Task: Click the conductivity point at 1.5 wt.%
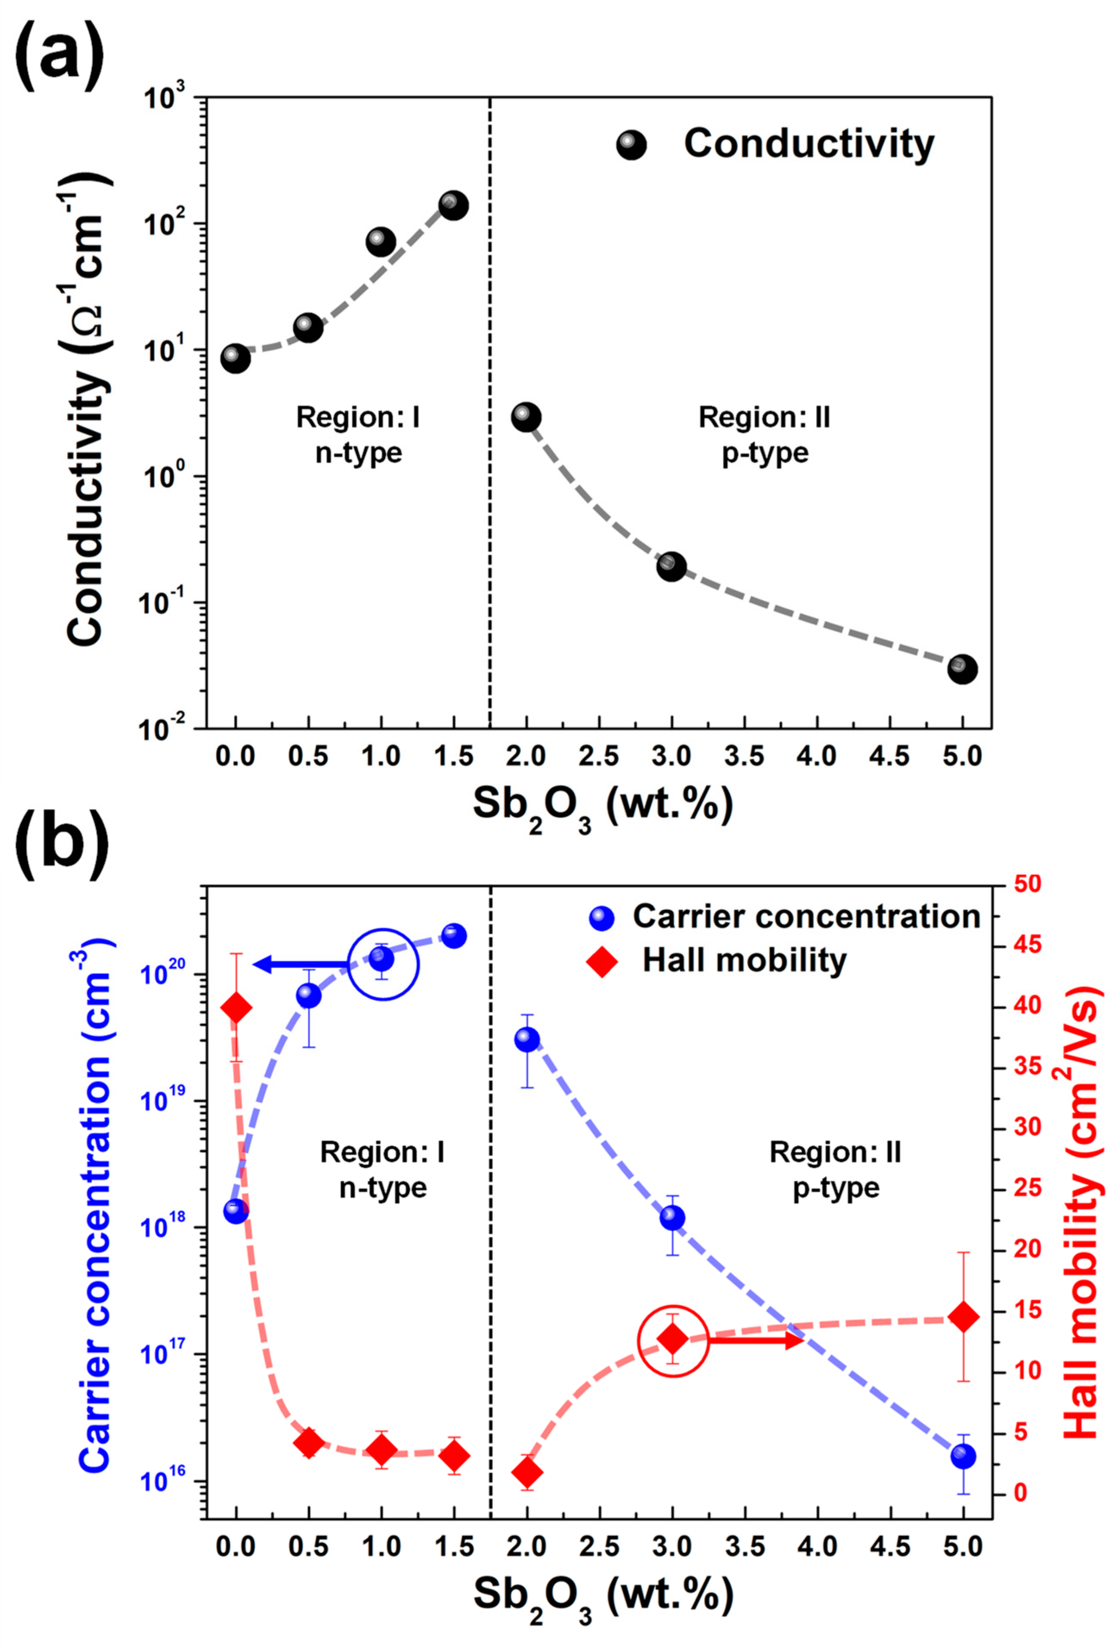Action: point(453,205)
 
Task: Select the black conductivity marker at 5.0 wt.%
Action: point(962,668)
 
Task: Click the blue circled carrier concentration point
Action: point(382,958)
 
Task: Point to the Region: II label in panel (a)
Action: point(764,418)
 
